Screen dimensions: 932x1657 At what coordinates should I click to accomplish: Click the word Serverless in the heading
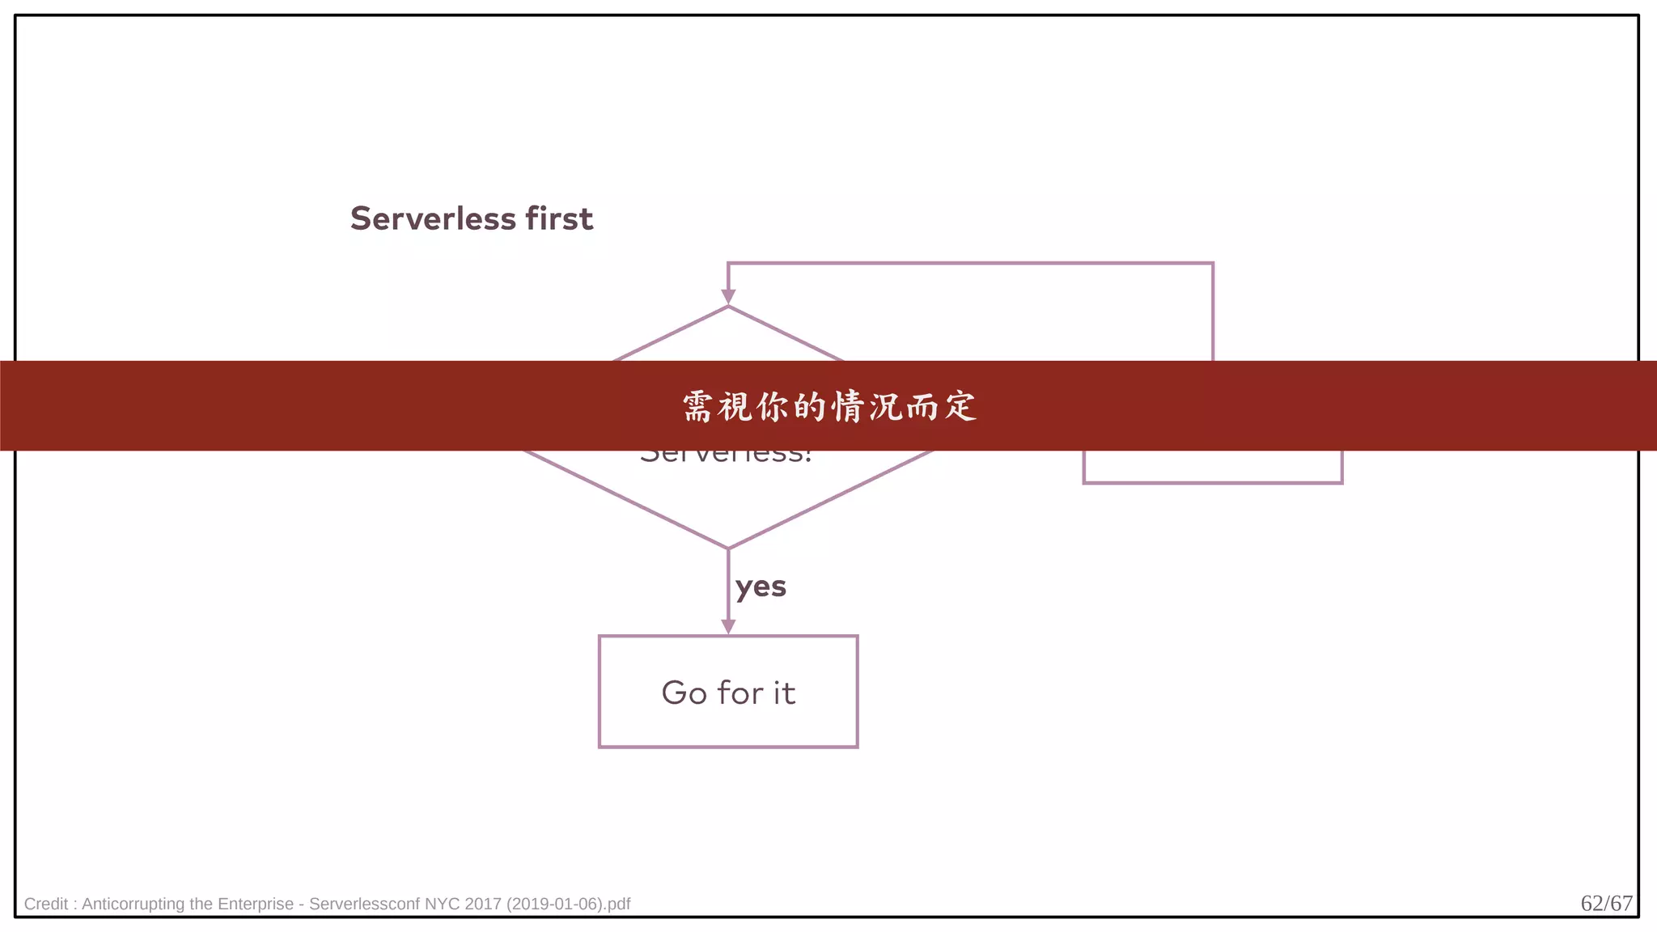[433, 218]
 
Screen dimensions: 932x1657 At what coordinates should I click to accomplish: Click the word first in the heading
[559, 218]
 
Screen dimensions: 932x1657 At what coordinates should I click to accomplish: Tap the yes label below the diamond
[761, 587]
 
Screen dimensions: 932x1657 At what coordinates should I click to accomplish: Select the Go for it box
[728, 691]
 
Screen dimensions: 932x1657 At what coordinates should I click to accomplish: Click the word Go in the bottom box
[684, 693]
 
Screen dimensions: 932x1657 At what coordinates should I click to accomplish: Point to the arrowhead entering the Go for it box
[728, 626]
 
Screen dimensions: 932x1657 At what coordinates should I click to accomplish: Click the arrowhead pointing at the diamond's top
[728, 297]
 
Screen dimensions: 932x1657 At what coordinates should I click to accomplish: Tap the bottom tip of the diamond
[728, 548]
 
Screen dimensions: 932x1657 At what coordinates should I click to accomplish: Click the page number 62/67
[1606, 903]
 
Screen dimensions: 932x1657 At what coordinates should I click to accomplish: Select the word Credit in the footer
[45, 904]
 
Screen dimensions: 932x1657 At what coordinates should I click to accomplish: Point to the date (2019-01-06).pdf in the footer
[568, 904]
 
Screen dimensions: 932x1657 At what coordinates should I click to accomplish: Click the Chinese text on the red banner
[829, 406]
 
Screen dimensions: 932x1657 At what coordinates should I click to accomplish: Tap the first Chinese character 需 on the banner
[697, 406]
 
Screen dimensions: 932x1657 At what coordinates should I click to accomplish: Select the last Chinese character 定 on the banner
[961, 406]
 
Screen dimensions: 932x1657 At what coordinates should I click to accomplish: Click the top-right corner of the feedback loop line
[1213, 264]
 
